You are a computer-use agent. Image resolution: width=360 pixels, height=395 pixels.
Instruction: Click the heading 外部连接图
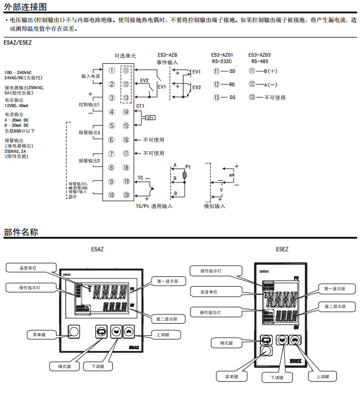click(26, 6)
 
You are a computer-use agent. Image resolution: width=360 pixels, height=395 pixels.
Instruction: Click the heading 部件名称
click(21, 232)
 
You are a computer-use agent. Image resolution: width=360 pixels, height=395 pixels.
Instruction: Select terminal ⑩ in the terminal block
click(111, 195)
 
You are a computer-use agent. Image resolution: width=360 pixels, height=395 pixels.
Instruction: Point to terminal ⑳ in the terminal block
click(126, 195)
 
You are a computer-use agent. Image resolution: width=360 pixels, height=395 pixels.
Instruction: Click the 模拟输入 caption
click(215, 206)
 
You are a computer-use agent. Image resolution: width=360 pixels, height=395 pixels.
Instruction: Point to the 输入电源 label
click(90, 76)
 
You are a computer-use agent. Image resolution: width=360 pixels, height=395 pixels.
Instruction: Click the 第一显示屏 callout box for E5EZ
click(334, 288)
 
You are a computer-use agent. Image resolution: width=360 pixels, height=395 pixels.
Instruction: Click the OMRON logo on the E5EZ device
click(266, 272)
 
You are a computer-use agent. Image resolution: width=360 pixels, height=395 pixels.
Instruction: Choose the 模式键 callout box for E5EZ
click(226, 343)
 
